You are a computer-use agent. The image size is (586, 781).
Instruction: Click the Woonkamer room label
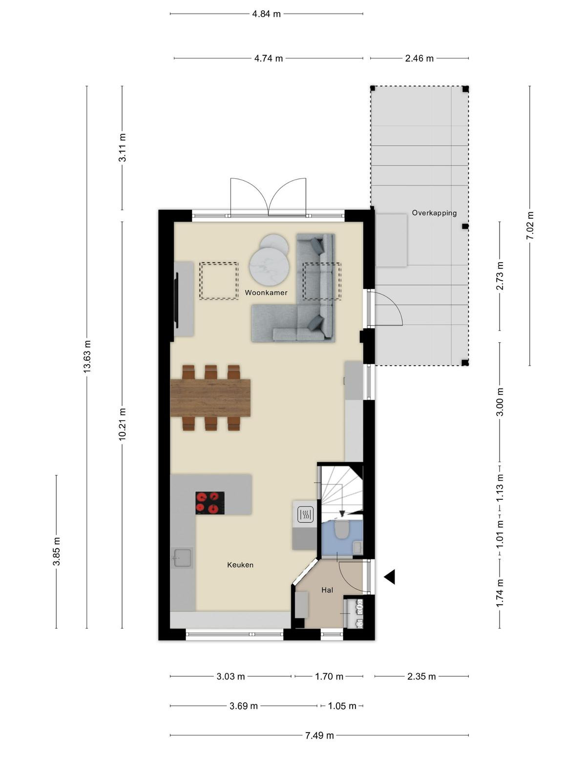click(x=266, y=292)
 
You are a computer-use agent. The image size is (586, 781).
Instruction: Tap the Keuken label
click(x=240, y=565)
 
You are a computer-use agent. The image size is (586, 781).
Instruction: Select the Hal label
click(x=327, y=590)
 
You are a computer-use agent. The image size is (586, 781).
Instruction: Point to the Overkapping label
click(x=434, y=213)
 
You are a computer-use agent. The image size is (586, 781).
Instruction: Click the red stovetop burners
click(x=209, y=503)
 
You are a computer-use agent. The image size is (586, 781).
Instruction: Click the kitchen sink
click(x=182, y=557)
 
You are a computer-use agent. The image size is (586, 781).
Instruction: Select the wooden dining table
click(x=210, y=398)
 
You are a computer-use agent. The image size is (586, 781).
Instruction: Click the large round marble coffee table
click(x=270, y=266)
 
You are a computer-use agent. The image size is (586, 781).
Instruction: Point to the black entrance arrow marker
click(x=390, y=577)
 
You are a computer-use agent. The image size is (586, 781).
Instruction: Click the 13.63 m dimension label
click(x=87, y=356)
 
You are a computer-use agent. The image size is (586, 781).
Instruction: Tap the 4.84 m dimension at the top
click(x=266, y=14)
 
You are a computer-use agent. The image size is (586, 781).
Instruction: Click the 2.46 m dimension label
click(x=419, y=59)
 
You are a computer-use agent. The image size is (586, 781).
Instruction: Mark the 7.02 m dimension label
click(x=530, y=226)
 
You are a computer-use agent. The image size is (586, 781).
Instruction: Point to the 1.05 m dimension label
click(x=342, y=706)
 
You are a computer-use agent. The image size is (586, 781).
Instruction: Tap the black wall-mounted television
click(x=176, y=300)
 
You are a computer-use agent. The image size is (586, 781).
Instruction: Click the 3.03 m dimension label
click(x=230, y=677)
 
